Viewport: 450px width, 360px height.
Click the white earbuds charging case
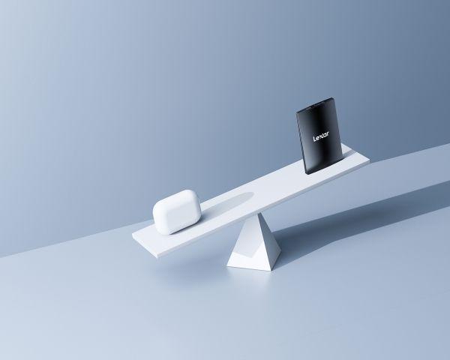click(177, 211)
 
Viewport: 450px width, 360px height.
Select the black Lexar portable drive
click(319, 136)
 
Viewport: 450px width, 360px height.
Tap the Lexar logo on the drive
click(321, 136)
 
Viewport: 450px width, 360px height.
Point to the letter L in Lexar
click(314, 139)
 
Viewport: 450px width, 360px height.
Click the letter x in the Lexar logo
click(322, 136)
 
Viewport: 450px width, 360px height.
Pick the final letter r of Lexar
click(328, 133)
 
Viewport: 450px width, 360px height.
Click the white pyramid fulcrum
click(254, 242)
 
